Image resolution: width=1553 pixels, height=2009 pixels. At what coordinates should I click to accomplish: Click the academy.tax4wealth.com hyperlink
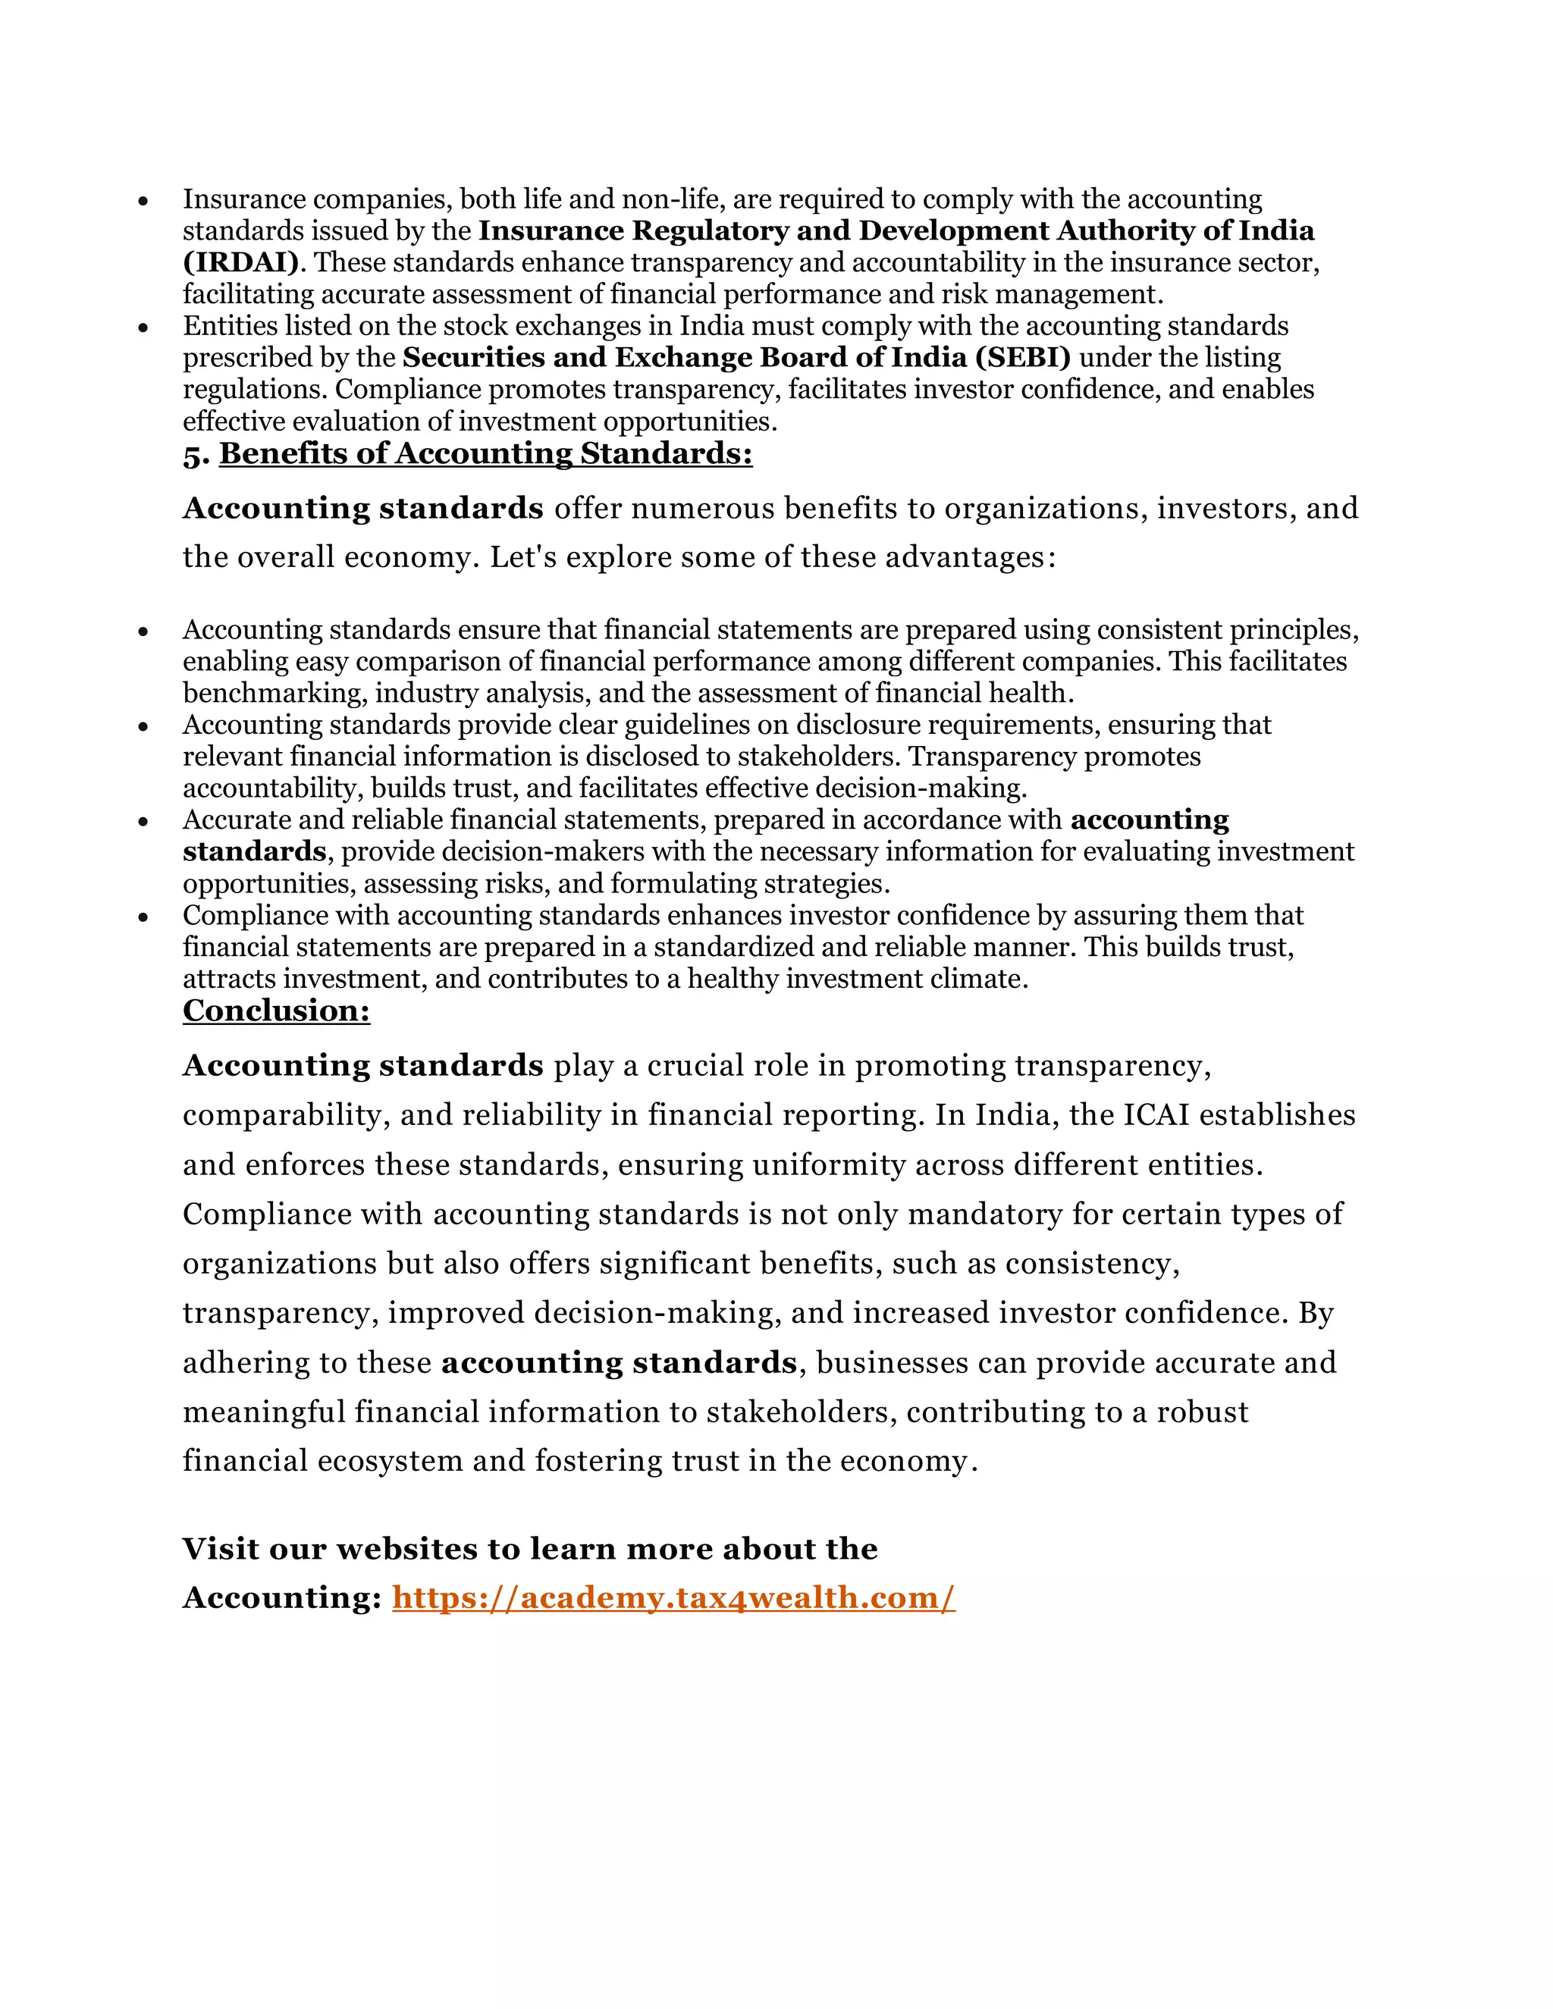(673, 1598)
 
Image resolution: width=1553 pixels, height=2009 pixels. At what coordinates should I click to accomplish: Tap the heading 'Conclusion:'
(276, 1011)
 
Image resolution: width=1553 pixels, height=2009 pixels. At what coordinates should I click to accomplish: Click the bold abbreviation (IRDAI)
(241, 263)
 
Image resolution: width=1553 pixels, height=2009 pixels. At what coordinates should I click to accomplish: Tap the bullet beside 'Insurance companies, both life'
(143, 201)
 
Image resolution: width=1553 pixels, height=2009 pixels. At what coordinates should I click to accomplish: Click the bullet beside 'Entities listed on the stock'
(143, 328)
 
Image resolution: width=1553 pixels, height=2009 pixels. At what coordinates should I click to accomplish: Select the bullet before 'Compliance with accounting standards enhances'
(143, 917)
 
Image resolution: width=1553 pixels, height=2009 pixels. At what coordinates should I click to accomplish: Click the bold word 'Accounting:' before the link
(281, 1598)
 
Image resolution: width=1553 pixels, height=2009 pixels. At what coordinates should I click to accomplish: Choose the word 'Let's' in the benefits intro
(522, 557)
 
